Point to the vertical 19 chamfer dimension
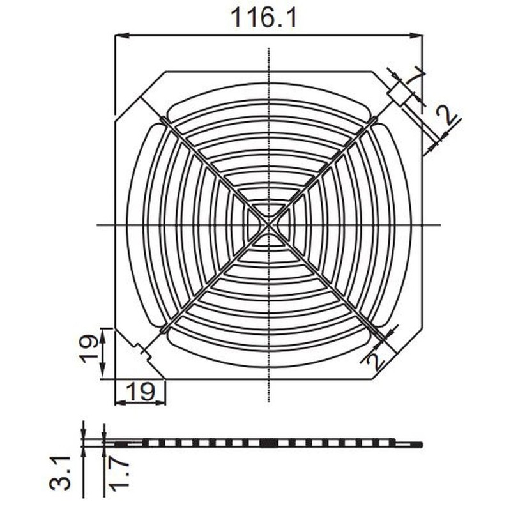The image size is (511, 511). tap(91, 348)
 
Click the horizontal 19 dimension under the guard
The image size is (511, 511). tap(140, 391)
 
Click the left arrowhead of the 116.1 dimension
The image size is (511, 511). tap(119, 36)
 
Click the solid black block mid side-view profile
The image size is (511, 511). tap(268, 443)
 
